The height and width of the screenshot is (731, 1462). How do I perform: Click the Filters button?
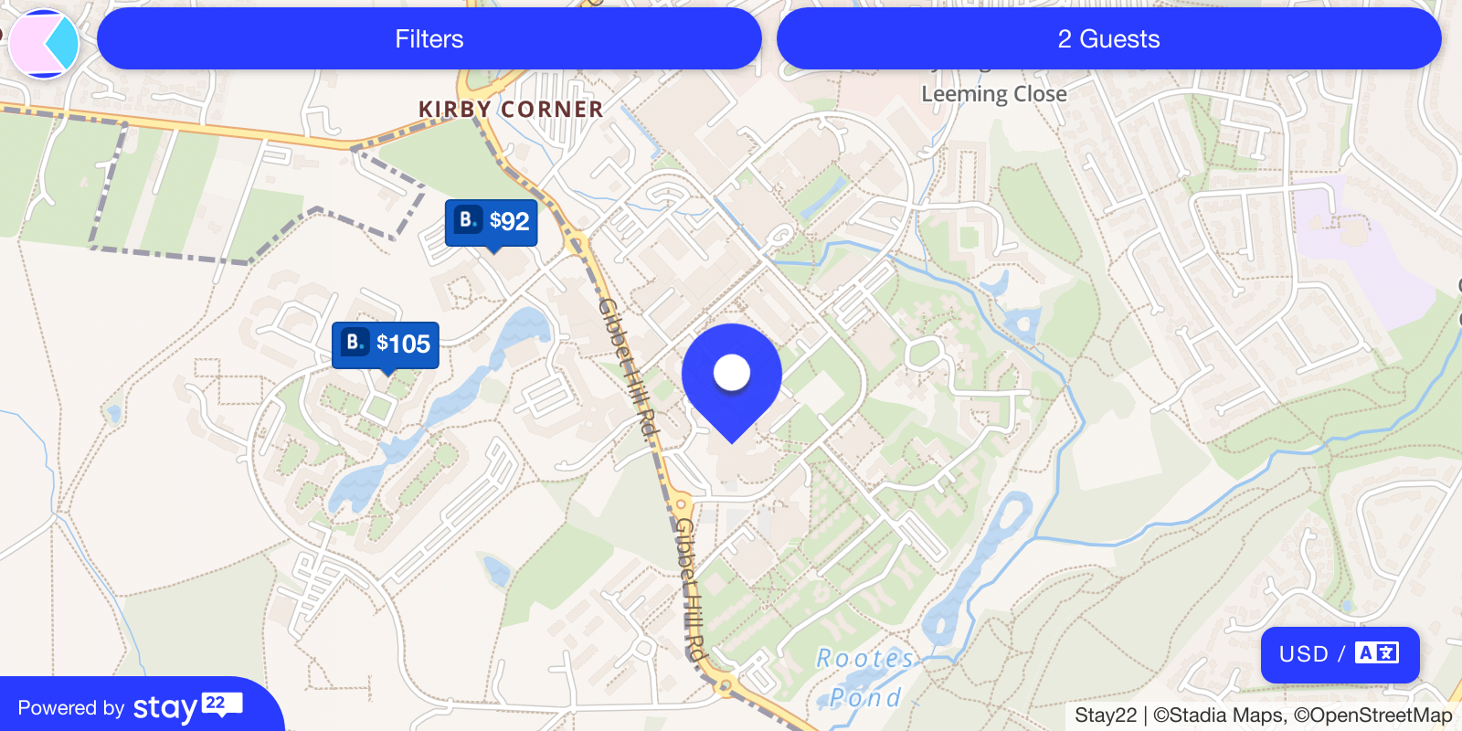429,39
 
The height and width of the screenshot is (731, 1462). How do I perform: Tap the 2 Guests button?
1108,39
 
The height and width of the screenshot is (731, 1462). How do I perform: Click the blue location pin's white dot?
732,372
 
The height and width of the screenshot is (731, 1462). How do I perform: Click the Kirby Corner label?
511,110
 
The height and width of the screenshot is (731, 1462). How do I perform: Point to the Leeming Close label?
994,94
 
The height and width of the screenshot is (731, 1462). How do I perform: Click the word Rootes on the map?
864,659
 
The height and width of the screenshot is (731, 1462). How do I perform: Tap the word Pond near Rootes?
865,698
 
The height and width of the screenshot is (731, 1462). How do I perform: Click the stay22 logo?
187,707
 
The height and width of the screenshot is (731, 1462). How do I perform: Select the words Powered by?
71,708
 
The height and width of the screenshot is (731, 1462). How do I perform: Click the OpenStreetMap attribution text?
1372,715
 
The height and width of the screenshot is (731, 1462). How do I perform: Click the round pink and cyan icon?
44,43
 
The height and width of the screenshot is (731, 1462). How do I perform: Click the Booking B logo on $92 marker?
468,219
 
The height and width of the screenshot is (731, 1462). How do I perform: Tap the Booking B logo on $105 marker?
355,342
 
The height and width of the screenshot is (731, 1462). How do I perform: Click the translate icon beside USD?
1377,653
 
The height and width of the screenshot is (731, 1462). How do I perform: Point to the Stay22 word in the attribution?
1106,715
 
